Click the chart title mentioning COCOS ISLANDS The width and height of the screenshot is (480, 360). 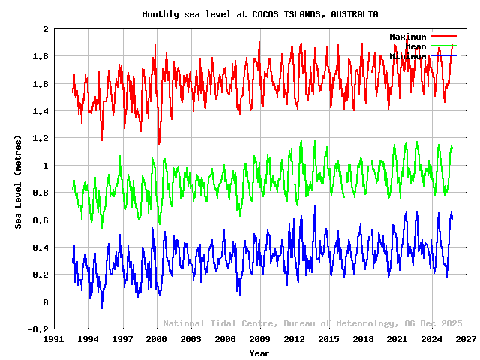tap(259, 14)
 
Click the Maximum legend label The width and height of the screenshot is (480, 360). tap(407, 37)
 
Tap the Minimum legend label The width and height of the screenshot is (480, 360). tap(407, 56)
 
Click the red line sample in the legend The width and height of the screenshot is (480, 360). tap(443, 36)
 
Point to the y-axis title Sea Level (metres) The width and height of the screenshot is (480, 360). tap(19, 181)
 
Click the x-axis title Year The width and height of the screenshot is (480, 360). tap(259, 352)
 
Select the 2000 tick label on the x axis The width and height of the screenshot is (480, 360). tap(157, 340)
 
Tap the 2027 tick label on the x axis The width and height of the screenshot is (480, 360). tap(466, 340)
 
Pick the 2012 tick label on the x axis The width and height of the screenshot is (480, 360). tap(294, 340)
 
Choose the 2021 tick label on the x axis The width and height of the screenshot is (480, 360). tap(397, 340)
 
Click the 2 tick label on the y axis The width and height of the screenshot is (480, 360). tap(46, 29)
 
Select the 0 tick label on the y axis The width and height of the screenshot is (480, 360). tap(46, 302)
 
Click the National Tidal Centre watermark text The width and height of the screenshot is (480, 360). tap(220, 323)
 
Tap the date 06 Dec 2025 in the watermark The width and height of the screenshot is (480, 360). tap(432, 323)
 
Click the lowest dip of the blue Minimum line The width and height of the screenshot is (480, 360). tap(102, 307)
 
